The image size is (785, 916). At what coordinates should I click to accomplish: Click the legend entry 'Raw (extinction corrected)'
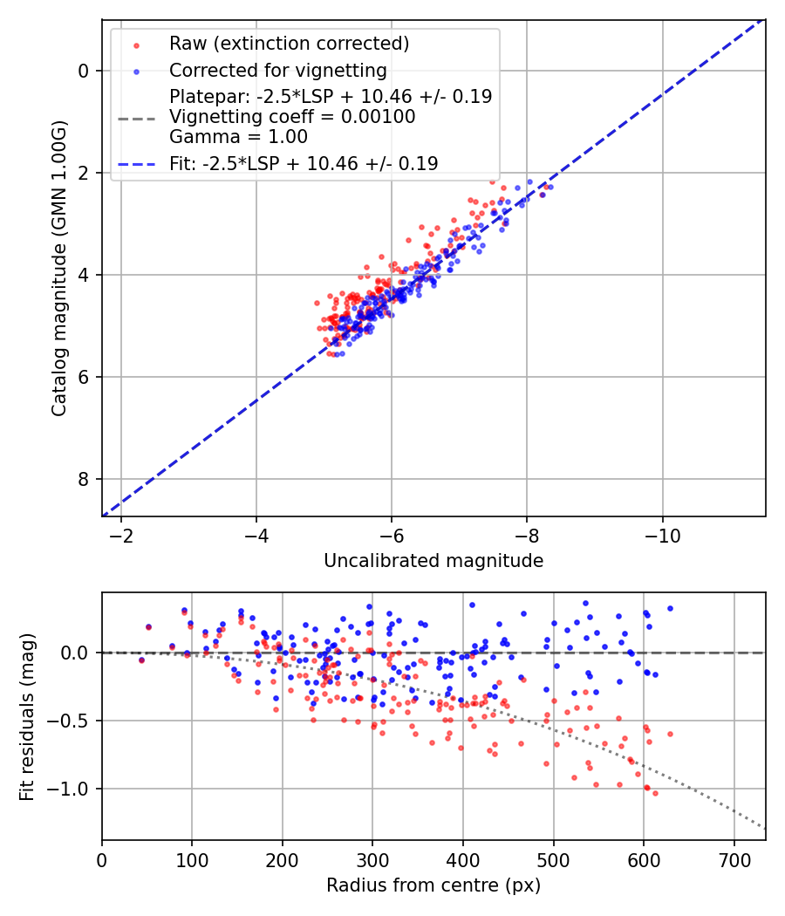coord(288,44)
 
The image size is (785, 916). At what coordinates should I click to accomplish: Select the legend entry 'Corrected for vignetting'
coord(277,70)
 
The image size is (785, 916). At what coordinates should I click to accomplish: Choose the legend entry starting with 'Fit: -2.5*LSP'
coord(304,163)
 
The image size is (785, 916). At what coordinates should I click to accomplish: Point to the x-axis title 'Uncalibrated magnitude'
coord(433,561)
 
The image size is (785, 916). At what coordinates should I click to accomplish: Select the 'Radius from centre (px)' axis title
coord(433,885)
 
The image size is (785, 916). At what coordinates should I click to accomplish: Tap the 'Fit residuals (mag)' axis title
coord(27,717)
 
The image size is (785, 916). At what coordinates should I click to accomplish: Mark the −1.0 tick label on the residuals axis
coord(73,789)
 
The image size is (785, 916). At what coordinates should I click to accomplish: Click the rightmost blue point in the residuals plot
coord(670,608)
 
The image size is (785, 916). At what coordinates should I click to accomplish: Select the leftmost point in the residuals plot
coord(141,660)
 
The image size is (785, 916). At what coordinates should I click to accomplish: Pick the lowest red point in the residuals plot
coord(655,793)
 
